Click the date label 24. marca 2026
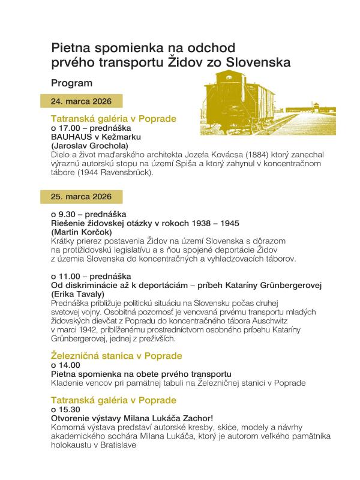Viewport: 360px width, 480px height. pos(82,101)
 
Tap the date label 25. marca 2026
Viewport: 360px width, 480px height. pos(82,196)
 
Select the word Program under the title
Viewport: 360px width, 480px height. pos(71,83)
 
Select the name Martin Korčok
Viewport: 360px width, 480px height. pos(83,232)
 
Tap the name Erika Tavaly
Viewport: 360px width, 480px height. pos(80,295)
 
